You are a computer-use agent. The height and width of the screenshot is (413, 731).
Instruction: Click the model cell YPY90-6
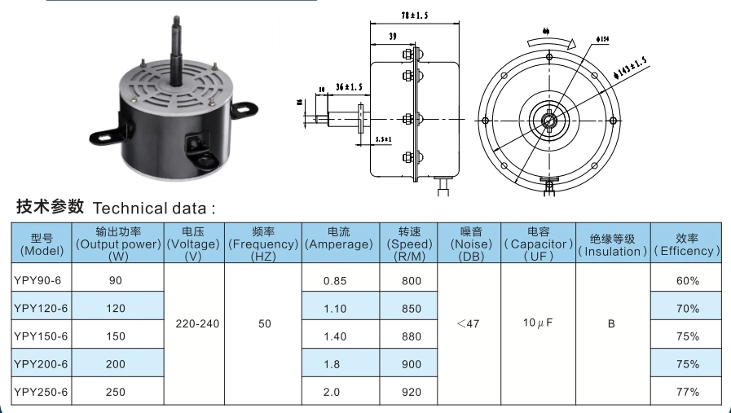(x=38, y=281)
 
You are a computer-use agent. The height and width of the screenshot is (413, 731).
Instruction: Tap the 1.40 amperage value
(x=334, y=336)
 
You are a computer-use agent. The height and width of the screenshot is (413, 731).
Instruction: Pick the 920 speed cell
(x=412, y=392)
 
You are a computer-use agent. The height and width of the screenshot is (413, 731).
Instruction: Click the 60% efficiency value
(x=687, y=281)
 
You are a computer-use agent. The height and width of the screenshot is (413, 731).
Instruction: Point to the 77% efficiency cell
(x=687, y=392)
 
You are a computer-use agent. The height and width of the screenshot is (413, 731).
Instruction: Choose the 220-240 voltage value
(x=197, y=323)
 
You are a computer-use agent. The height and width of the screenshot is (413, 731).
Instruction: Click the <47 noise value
(x=468, y=323)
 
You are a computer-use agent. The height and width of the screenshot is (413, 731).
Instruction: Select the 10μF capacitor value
(x=538, y=323)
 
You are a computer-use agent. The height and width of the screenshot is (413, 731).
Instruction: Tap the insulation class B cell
(x=611, y=323)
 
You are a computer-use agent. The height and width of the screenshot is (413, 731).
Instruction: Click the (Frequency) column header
(x=263, y=244)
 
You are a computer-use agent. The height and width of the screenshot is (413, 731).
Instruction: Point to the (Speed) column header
(x=410, y=244)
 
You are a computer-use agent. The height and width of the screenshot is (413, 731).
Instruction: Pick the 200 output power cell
(x=116, y=364)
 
